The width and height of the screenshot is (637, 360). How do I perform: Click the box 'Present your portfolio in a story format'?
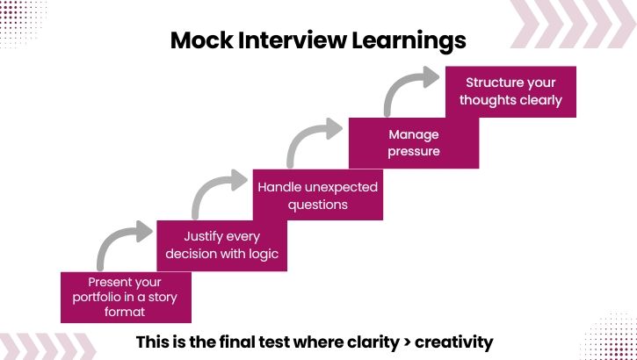125,297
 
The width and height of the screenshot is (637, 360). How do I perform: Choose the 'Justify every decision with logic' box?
221,245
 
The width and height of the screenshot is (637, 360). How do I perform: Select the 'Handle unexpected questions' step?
317,195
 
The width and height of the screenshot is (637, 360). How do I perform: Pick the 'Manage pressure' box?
414,143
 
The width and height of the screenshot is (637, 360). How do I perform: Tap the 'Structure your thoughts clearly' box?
510,91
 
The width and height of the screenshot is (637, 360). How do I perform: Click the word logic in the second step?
262,255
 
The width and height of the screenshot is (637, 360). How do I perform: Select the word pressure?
414,151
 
